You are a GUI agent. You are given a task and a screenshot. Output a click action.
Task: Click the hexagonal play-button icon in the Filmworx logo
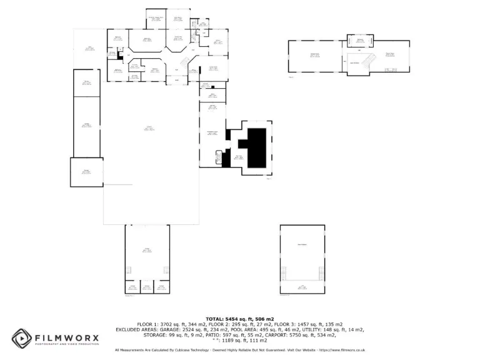click(21, 338)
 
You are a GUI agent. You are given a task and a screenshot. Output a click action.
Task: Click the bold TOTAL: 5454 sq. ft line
click(240, 319)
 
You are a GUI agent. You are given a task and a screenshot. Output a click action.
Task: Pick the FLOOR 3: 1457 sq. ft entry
click(310, 324)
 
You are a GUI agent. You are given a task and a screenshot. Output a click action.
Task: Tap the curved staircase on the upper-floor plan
click(367, 61)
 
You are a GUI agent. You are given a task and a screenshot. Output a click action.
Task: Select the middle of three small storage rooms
click(147, 287)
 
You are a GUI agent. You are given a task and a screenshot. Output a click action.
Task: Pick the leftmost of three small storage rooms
click(132, 287)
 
